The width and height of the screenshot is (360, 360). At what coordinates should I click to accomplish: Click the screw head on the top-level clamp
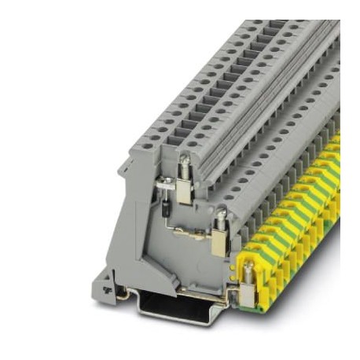pos(184,163)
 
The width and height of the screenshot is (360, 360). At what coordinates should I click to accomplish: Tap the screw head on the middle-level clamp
pos(222,214)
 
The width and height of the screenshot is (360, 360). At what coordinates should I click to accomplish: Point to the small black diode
pos(168,206)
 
